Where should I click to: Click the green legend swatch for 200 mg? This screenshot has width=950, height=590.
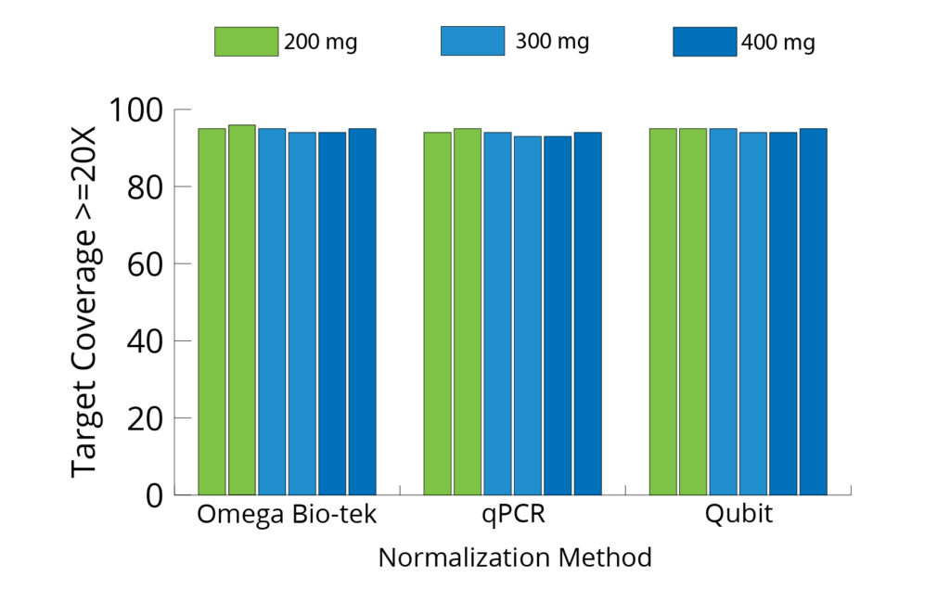pyautogui.click(x=246, y=42)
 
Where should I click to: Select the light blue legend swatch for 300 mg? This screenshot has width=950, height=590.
pyautogui.click(x=472, y=42)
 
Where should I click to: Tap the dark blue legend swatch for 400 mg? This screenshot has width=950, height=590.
pyautogui.click(x=704, y=42)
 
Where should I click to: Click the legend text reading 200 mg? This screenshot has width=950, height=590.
pyautogui.click(x=321, y=42)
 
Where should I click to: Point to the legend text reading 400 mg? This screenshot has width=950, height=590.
pyautogui.click(x=778, y=43)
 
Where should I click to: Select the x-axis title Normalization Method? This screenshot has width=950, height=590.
pyautogui.click(x=515, y=558)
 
